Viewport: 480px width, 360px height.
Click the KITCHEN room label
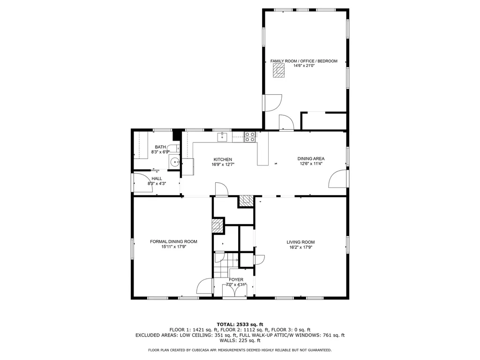pos(223,159)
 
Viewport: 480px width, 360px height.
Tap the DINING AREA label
pos(311,158)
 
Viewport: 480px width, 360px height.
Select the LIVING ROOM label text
pos(300,242)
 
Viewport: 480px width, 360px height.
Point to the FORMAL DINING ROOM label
pos(173,241)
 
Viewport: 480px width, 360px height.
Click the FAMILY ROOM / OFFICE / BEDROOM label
pos(304,61)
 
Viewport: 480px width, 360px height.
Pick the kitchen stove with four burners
pos(249,136)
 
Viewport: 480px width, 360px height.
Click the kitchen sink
pos(222,137)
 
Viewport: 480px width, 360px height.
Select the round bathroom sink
pos(175,162)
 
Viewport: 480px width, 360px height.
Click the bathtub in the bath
pos(141,145)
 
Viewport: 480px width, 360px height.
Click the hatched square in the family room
pos(279,71)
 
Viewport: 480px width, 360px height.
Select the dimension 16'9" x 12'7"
pos(223,165)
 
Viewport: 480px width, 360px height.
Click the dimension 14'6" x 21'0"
pos(304,66)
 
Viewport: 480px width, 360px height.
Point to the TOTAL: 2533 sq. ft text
pos(240,324)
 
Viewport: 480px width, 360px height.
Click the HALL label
pos(157,179)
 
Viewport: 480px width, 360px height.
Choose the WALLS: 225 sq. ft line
pos(240,340)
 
